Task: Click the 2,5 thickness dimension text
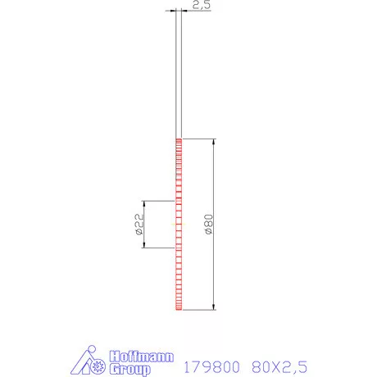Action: click(x=201, y=6)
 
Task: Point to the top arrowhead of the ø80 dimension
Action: click(x=215, y=142)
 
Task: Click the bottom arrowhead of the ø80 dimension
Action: click(x=215, y=307)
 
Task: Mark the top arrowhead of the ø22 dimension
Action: click(x=144, y=204)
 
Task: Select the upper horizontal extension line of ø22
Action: click(x=159, y=201)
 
